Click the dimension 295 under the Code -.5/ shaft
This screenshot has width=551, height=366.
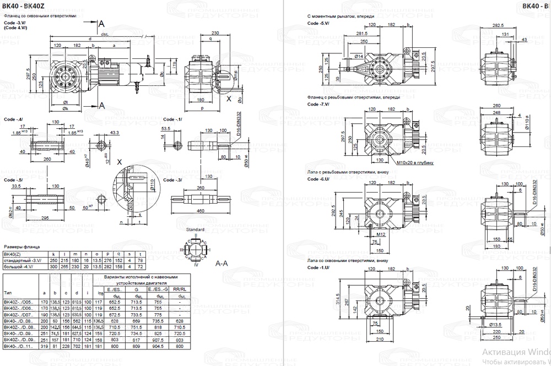click(46, 218)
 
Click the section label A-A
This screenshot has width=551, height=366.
click(222, 263)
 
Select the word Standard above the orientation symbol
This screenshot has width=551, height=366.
click(195, 229)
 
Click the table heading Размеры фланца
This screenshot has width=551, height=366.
click(20, 247)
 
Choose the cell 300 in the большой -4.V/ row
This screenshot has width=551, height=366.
click(54, 266)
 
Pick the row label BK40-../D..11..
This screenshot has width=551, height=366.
click(19, 346)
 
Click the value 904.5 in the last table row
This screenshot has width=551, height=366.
click(159, 346)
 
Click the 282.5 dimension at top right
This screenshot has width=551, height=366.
click(498, 25)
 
